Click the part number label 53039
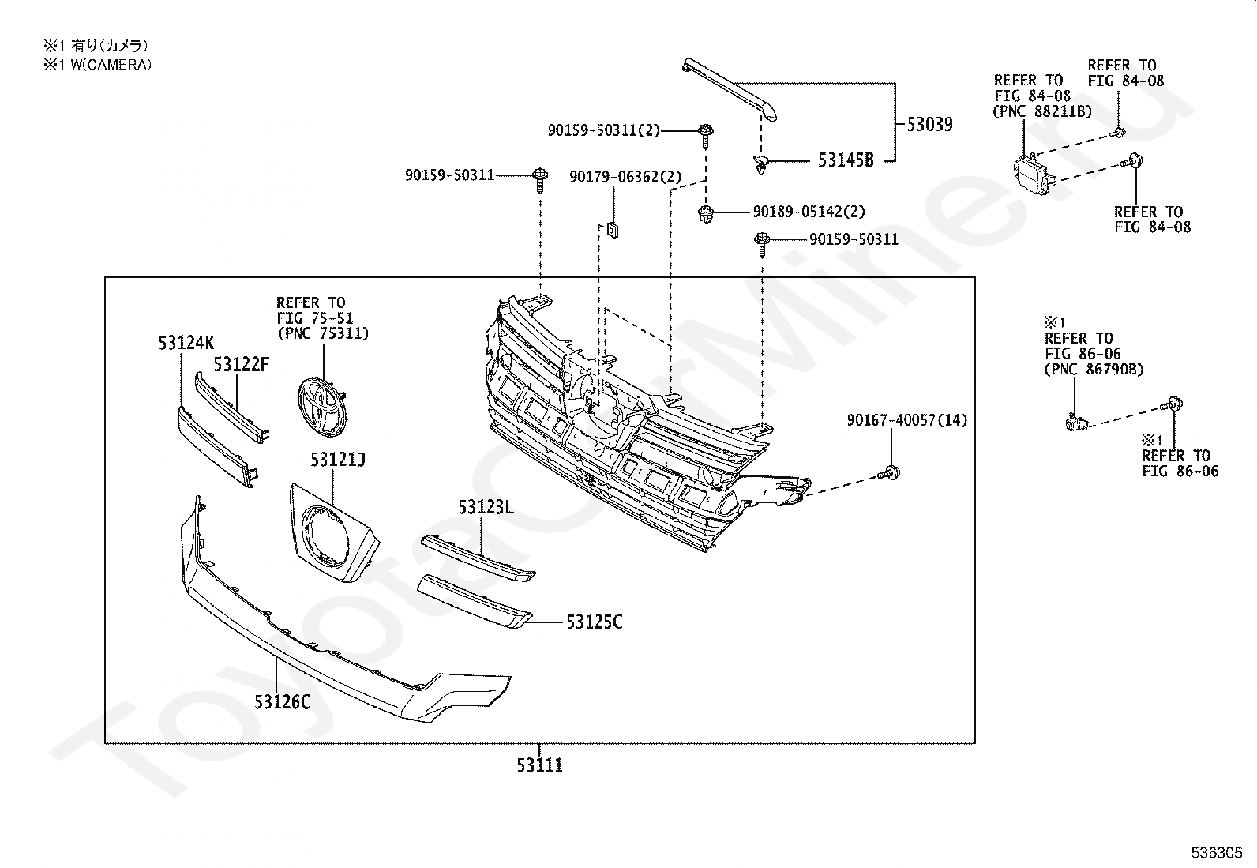[x=929, y=124]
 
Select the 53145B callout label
[x=846, y=160]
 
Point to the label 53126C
[x=282, y=701]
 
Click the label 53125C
[x=594, y=622]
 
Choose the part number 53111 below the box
[x=540, y=765]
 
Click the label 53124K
[x=186, y=343]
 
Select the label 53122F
[x=241, y=364]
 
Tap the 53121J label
[x=337, y=459]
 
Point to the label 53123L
[x=486, y=507]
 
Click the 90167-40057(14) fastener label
[x=906, y=420]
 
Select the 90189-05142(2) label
[x=809, y=212]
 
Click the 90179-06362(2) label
[x=625, y=178]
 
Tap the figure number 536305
[x=1218, y=853]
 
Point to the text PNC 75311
[x=322, y=333]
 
